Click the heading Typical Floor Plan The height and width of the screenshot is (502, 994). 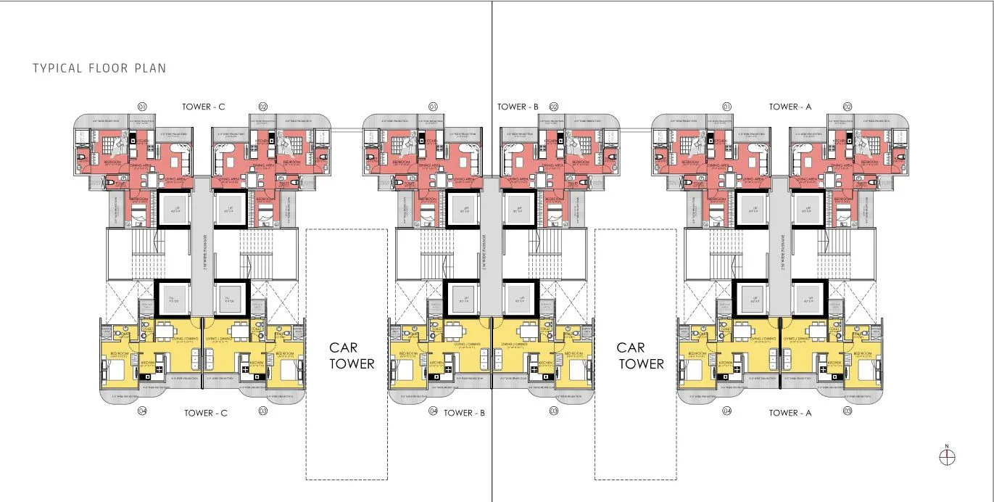[99, 68]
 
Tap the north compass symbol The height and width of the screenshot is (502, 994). [947, 457]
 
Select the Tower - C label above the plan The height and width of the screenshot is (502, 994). [204, 107]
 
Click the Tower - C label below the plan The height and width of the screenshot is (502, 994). [206, 413]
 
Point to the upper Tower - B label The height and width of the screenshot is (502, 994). [518, 107]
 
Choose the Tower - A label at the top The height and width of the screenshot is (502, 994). [790, 107]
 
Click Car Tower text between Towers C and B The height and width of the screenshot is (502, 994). [352, 355]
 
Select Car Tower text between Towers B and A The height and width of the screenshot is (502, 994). [640, 355]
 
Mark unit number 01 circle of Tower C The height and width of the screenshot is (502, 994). [142, 107]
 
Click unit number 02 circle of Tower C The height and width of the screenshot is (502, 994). [263, 107]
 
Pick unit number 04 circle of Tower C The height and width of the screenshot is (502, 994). [142, 411]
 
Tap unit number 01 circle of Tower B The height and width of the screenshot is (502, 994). [434, 107]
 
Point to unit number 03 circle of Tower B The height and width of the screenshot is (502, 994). [554, 411]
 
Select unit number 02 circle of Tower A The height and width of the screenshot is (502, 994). [848, 107]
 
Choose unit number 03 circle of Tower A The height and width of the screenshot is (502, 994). [848, 411]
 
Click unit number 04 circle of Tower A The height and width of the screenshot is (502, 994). [727, 411]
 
